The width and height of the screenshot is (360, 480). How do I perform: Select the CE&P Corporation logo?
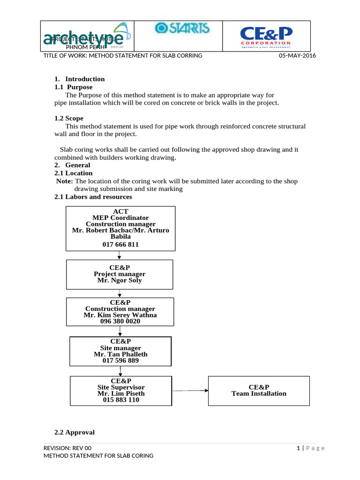[266, 36]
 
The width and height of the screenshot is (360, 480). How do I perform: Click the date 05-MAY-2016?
[297, 56]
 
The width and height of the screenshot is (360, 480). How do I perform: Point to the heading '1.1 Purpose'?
[74, 87]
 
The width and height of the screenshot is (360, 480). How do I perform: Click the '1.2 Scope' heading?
[69, 119]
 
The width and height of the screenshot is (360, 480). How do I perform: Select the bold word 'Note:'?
[64, 181]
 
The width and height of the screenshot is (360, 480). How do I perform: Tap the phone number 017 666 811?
[120, 245]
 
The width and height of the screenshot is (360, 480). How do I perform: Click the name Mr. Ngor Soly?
[119, 280]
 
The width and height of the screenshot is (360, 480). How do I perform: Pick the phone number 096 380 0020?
[120, 322]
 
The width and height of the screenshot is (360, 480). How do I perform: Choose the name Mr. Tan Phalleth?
[120, 354]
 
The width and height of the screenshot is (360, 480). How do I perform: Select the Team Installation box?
[259, 390]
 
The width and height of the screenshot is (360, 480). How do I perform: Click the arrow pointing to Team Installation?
[190, 390]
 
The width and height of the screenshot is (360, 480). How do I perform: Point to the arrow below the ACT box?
[120, 255]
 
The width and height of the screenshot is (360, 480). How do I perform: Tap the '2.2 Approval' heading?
[75, 432]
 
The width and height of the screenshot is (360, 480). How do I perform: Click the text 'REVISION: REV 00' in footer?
[67, 448]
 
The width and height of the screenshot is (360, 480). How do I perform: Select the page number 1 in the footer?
[298, 448]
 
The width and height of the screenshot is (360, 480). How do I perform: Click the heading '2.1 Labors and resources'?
[93, 197]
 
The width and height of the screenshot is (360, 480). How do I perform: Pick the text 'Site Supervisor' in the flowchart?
[121, 388]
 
